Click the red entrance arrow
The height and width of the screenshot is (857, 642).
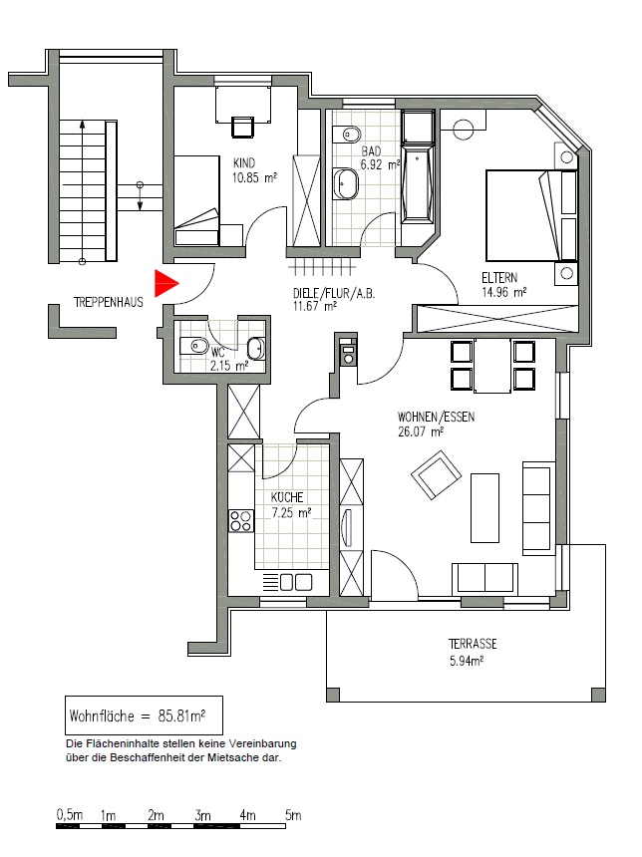point(165,283)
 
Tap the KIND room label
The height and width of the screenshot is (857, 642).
point(244,162)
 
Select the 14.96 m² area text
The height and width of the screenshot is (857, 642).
point(503,292)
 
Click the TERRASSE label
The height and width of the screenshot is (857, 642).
point(473,644)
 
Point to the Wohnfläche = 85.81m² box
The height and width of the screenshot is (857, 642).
point(144,714)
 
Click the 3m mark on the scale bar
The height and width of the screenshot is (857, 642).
point(202,815)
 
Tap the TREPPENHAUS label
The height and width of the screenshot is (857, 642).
point(109,302)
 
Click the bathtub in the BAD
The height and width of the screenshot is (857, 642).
point(419,183)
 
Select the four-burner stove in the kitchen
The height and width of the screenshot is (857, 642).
point(240,520)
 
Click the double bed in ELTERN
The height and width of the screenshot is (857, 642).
point(531,215)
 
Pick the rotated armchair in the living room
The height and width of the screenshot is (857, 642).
point(435,474)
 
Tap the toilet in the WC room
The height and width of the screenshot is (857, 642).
point(193,346)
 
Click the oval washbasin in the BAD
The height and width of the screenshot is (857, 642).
point(345,183)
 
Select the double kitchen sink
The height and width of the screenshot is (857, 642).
point(296,582)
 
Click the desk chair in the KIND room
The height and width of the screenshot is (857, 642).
point(243,128)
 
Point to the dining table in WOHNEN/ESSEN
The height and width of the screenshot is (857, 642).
point(492,366)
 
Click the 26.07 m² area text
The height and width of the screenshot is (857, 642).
point(421,431)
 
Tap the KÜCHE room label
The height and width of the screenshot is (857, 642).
point(287,497)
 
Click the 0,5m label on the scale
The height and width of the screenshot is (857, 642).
point(70,815)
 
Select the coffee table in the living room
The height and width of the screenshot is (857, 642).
point(485,508)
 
